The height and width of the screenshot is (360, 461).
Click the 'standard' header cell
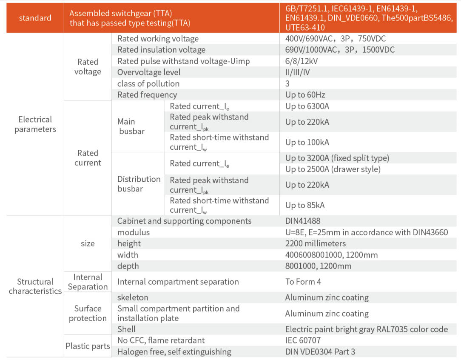(35, 18)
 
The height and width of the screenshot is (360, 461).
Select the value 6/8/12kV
(302, 61)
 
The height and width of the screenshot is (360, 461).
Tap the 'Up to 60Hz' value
(305, 95)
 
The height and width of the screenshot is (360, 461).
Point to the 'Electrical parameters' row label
(35, 124)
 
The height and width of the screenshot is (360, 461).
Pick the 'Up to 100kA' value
(307, 143)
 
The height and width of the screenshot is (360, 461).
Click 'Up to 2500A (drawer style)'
(333, 169)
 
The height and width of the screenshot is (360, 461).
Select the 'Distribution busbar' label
(139, 184)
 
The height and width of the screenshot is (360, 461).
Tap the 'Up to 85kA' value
(305, 206)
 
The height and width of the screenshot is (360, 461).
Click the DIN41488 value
(303, 221)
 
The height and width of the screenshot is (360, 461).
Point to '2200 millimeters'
(315, 244)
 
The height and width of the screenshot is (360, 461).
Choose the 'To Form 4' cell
(303, 282)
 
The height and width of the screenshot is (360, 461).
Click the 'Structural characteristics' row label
(35, 286)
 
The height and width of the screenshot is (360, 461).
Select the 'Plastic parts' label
(88, 346)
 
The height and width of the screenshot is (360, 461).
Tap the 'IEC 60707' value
(303, 340)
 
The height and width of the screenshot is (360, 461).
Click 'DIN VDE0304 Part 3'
(320, 352)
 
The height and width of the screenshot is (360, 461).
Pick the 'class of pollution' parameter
(148, 84)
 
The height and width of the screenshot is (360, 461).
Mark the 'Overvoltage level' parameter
(149, 72)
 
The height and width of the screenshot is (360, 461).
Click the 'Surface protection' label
(88, 313)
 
